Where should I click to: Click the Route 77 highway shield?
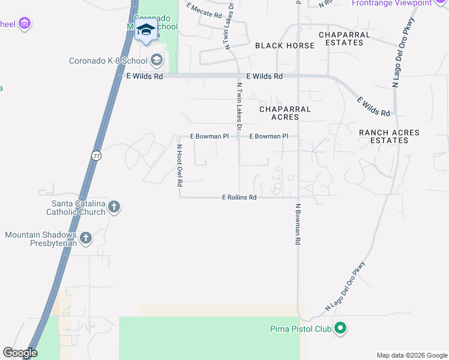click(96, 155)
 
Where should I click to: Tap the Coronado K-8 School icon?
click(157, 60)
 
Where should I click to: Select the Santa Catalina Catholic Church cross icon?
click(114, 208)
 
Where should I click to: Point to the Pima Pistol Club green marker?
click(340, 328)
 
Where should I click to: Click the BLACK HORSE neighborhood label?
click(285, 46)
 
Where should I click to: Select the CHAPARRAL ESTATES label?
click(345, 38)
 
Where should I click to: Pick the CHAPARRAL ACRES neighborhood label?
click(285, 113)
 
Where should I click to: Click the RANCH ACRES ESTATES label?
click(390, 136)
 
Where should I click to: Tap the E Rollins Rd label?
click(240, 197)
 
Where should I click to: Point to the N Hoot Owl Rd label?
click(179, 164)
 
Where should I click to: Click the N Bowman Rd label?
click(297, 224)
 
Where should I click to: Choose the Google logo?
click(20, 353)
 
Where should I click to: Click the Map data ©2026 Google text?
click(411, 355)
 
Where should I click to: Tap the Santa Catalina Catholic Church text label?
click(78, 208)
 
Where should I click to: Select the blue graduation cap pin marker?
click(146, 30)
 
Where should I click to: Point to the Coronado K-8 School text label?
click(108, 61)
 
